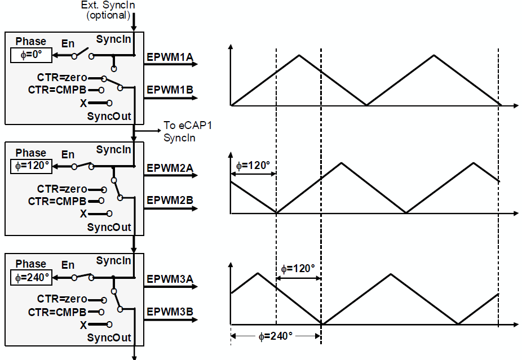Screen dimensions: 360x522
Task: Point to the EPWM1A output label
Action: (170, 57)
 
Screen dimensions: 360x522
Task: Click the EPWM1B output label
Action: (170, 90)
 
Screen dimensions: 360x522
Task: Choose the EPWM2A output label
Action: (170, 167)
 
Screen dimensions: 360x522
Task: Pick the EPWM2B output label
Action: (170, 199)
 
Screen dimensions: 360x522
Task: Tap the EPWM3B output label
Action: (170, 310)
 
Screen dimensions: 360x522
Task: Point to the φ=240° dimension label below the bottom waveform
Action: (276, 336)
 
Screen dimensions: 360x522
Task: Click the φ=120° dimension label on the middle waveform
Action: (253, 166)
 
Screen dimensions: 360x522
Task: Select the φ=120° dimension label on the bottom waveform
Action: (298, 269)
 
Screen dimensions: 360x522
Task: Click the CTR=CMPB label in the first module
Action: (57, 90)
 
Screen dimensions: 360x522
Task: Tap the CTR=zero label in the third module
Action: (62, 299)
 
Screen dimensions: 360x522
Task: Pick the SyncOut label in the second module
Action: (109, 227)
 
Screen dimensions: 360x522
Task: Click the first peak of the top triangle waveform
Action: (299, 55)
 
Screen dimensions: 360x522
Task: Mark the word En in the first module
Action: (68, 43)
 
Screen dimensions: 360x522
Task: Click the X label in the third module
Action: (83, 325)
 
